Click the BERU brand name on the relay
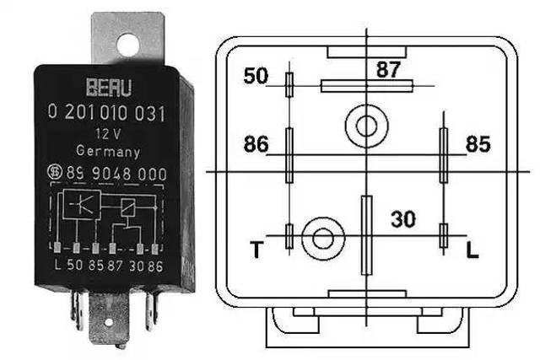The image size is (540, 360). click(x=109, y=88)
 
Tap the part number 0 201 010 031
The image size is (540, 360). click(x=107, y=113)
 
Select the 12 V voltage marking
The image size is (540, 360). click(x=108, y=134)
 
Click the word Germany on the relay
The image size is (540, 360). click(x=108, y=151)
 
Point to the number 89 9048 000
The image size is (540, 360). click(x=116, y=173)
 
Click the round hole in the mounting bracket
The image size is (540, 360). click(x=127, y=45)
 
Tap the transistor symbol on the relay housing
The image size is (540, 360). click(x=82, y=204)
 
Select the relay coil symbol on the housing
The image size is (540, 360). click(x=127, y=207)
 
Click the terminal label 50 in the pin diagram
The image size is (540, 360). click(x=256, y=76)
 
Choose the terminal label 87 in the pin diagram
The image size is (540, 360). click(x=388, y=69)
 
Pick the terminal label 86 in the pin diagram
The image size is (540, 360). click(x=256, y=144)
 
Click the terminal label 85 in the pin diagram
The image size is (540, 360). click(x=478, y=144)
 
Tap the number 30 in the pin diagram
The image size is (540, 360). click(x=403, y=219)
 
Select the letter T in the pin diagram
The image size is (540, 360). click(x=256, y=250)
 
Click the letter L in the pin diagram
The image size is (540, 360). click(x=472, y=250)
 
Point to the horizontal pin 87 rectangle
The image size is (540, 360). click(x=367, y=86)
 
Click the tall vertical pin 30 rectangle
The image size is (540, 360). click(x=367, y=235)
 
